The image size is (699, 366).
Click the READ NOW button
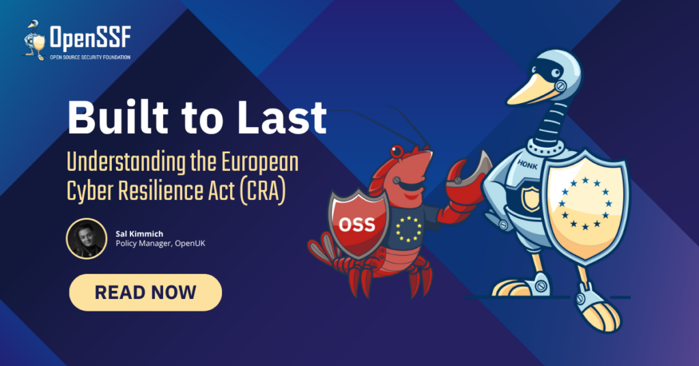[145, 292]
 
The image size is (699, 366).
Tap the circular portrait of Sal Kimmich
[87, 238]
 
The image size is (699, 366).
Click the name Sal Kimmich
[139, 234]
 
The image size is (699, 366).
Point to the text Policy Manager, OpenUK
[160, 243]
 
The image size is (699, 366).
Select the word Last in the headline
[282, 117]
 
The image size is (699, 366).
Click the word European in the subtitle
[260, 163]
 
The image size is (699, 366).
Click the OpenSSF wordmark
[90, 37]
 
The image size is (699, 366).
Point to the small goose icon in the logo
[34, 40]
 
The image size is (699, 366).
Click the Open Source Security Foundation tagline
[90, 57]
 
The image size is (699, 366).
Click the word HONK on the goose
[528, 165]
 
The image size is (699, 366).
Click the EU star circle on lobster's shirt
[408, 229]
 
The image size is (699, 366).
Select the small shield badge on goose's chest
[530, 199]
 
